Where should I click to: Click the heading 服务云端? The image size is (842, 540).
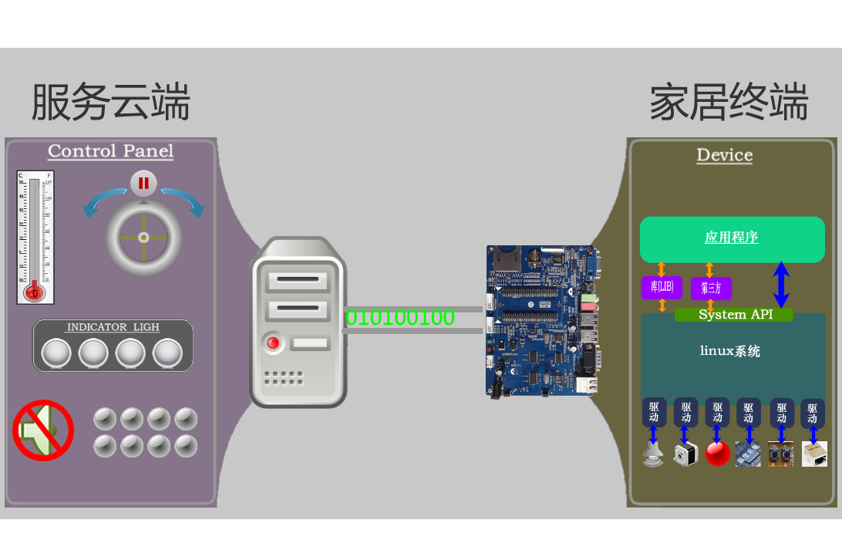(110, 102)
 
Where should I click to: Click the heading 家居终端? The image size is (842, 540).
(729, 102)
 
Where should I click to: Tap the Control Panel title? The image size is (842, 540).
(110, 151)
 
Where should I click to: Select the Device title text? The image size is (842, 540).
(724, 155)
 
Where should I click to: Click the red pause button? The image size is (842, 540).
(143, 184)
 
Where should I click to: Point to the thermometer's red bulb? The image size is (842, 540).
(33, 292)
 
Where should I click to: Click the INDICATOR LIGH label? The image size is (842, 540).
(113, 327)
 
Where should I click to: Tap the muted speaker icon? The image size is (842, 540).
(42, 430)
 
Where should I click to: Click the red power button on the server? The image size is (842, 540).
(272, 342)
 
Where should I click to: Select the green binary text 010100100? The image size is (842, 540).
(399, 317)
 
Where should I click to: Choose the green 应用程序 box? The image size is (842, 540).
(731, 238)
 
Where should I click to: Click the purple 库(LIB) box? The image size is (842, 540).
(662, 287)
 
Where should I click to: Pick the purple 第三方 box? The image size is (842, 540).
(711, 289)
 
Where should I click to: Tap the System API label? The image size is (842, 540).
(733, 315)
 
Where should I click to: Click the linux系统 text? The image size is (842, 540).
(730, 351)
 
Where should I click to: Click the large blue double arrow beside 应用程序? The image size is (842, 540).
(781, 284)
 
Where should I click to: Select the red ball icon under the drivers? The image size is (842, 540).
(717, 454)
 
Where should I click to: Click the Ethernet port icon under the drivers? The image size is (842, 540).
(814, 454)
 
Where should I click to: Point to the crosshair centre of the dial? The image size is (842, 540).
(143, 237)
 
